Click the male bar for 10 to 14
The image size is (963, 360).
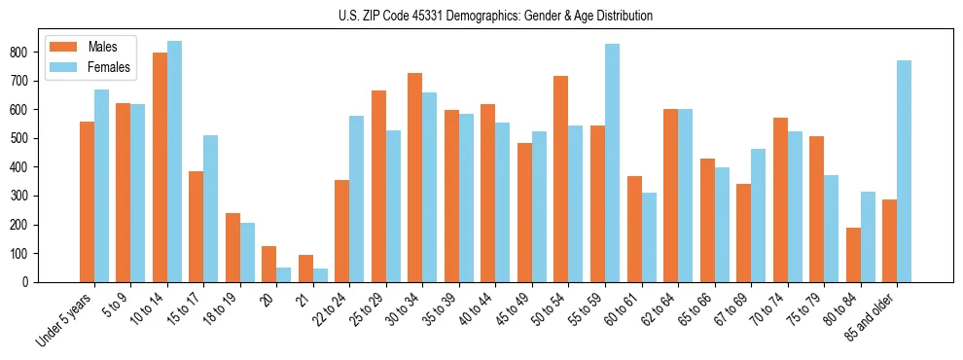pos(160,167)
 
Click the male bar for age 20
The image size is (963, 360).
pos(269,264)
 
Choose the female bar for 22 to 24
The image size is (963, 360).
pos(356,198)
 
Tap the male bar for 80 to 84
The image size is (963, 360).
pos(853,255)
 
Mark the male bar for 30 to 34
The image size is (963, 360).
pos(415,177)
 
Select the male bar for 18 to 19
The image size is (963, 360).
pos(232,247)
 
